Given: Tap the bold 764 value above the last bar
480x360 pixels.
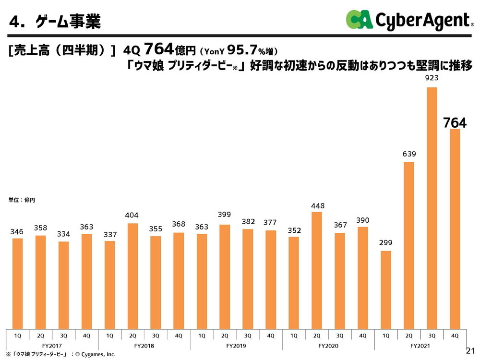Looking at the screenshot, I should pos(455,122).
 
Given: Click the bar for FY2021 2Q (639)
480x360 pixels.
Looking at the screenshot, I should pos(409,245).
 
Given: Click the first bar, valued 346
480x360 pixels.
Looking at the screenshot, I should pos(17,283).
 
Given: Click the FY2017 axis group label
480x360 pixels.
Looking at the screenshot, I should pos(52,345).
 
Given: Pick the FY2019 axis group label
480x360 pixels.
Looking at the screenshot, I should pos(236,345).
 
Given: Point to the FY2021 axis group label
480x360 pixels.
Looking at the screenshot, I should pos(420,345).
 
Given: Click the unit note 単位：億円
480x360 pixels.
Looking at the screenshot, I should pos(22,200).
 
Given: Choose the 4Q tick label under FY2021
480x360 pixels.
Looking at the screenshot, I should pos(455,334).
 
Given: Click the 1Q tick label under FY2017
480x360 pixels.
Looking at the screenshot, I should pos(17,334).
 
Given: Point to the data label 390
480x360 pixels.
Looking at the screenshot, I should pos(363,220).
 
